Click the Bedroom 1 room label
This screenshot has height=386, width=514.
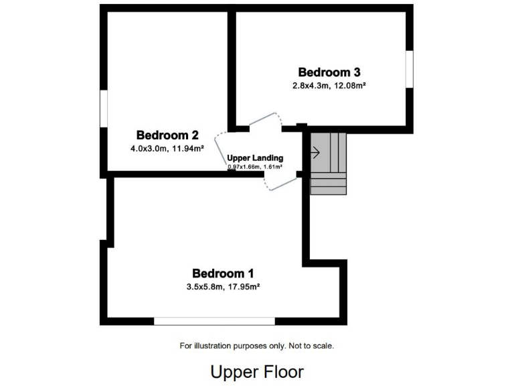coord(223,273)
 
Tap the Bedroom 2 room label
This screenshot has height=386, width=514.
coord(167,135)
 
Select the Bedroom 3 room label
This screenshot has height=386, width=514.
coord(329,72)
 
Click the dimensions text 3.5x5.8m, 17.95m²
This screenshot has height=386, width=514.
coord(223,287)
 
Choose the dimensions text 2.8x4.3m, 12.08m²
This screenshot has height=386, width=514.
coord(328,86)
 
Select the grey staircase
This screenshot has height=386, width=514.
coord(329,164)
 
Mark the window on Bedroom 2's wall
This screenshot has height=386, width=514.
coord(104,107)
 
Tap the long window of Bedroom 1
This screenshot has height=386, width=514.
coord(214,321)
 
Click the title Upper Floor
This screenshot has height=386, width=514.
coord(257,371)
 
